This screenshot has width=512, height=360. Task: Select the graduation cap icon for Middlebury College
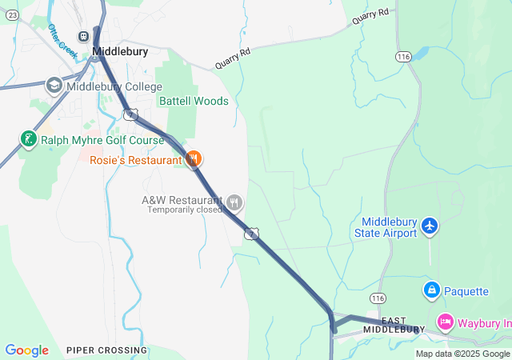pos(54,85)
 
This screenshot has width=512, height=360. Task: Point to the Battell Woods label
pos(194,102)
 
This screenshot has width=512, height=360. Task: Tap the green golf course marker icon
pos(29,140)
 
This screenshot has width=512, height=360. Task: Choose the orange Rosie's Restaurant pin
pos(193,159)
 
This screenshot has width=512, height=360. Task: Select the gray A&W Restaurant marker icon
pos(234,201)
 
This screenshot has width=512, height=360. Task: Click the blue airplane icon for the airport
pos(430,226)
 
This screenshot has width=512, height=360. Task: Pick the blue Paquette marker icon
pos(431,288)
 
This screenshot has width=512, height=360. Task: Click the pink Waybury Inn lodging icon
pos(445,322)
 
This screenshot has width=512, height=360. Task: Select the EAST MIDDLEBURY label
pos(394,325)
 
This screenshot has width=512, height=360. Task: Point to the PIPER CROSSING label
pos(106,350)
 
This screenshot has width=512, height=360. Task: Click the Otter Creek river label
pos(62,42)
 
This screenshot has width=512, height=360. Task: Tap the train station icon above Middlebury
pos(83,36)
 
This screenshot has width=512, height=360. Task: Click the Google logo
pos(26,350)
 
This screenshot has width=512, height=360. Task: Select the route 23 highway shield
pos(11,15)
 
